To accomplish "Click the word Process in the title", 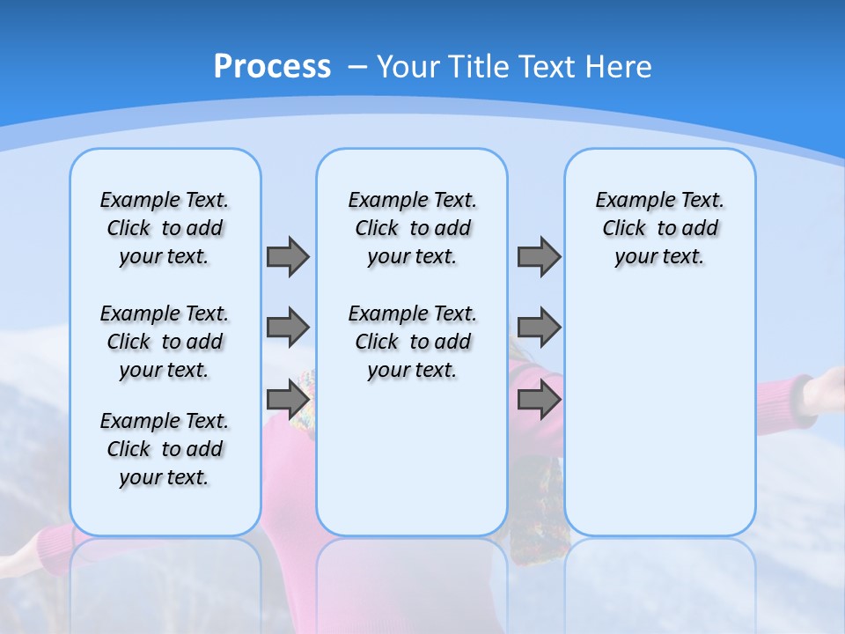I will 272,67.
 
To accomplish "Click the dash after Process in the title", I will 357,68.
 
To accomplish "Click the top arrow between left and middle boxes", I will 288,256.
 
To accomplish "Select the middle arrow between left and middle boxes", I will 288,328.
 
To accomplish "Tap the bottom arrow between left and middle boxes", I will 288,400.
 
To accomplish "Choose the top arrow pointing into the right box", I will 539,256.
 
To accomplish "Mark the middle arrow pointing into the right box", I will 539,328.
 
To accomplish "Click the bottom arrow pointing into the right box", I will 539,400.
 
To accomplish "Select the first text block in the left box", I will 165,228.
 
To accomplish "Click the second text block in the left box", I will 165,342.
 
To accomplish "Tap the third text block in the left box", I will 165,449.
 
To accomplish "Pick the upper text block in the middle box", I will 412,228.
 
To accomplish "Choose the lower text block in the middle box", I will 412,342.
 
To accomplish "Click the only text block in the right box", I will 659,228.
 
